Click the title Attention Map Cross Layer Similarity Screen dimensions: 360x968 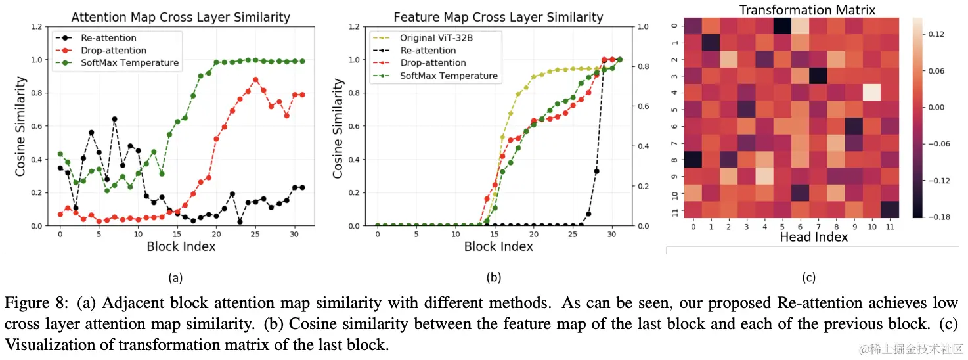coord(180,17)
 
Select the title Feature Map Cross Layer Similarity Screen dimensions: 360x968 coord(498,17)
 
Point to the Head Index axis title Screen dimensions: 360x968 coord(813,237)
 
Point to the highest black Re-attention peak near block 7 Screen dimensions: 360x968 coord(114,119)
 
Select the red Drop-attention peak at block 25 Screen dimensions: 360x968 coord(255,79)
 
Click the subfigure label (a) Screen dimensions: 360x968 coord(175,278)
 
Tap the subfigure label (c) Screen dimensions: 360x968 coord(809,278)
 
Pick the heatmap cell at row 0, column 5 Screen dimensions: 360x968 coord(781,26)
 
